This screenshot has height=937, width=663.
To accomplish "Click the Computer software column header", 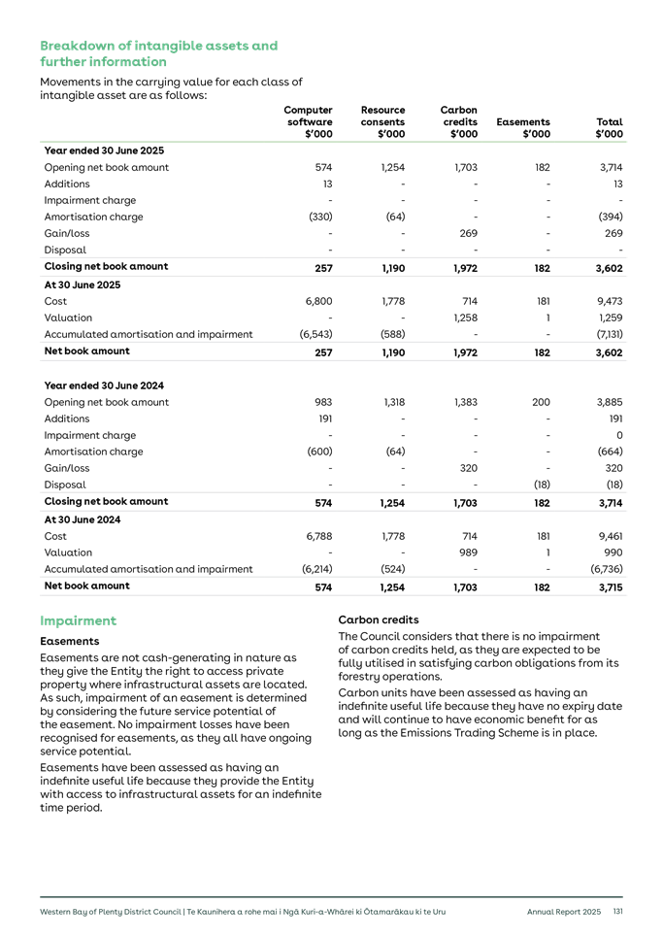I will tap(310, 122).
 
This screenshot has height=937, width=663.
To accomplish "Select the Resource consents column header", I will tap(382, 122).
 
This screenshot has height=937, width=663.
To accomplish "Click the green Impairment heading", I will tap(79, 620).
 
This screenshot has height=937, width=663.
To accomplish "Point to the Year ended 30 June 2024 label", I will tap(104, 385).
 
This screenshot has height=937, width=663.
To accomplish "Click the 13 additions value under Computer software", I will tap(327, 184).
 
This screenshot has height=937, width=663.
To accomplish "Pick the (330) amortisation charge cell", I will tap(320, 218).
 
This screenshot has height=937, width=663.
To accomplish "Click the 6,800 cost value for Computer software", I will tap(319, 302).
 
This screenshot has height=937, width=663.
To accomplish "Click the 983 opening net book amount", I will tap(323, 402).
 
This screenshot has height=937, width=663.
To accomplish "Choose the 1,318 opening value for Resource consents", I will tap(392, 402).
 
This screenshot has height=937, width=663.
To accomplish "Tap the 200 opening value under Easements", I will tap(541, 402).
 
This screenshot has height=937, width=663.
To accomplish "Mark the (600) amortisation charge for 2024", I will tap(320, 452).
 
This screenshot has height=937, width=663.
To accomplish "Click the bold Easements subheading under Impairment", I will tap(70, 642).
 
